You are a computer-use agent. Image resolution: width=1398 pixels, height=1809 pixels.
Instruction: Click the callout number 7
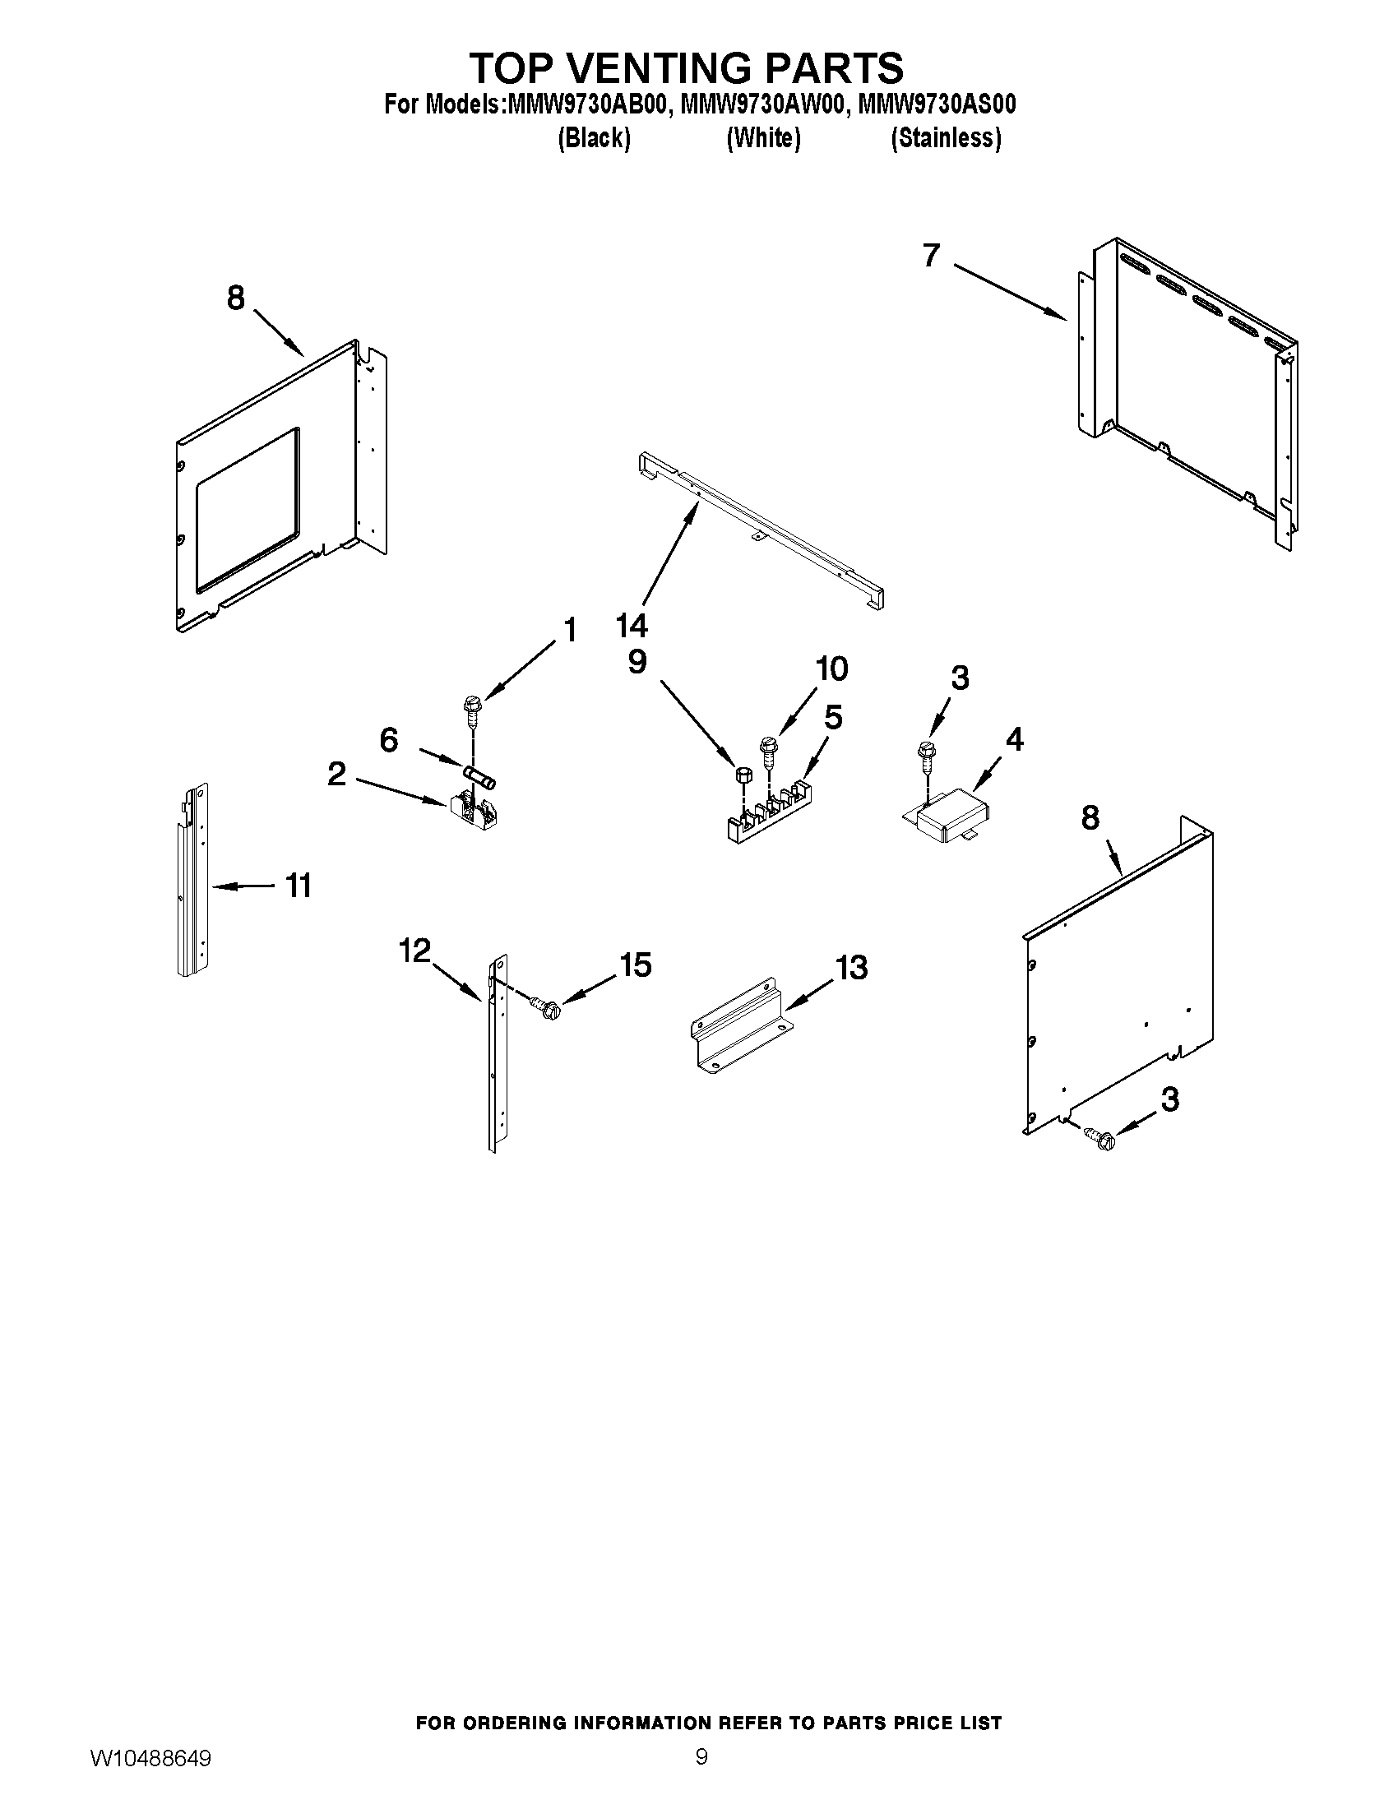point(931,256)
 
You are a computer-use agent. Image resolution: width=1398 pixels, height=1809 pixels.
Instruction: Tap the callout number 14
point(632,626)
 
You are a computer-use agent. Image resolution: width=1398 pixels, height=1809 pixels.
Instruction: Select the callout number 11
point(299,886)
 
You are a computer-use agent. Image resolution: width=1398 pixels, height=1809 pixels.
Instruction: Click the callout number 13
point(851,968)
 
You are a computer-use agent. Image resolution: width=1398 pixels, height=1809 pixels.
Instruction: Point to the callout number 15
point(636,965)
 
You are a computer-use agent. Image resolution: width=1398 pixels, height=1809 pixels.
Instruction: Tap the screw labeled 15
point(547,1007)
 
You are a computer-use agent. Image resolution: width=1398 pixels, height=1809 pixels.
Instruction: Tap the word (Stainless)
point(946,138)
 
